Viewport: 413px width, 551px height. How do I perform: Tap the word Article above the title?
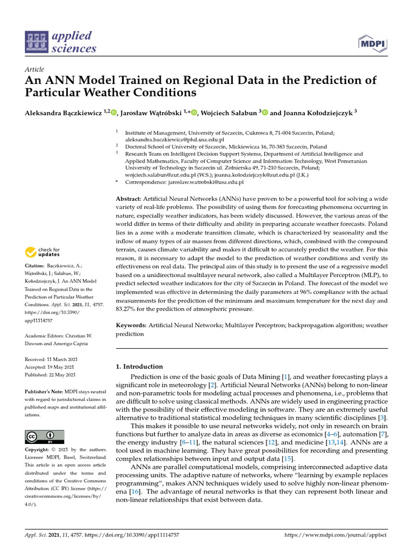coord(34,70)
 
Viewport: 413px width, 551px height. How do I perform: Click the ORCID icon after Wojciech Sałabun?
coord(265,112)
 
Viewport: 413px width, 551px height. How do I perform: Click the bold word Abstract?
coord(129,199)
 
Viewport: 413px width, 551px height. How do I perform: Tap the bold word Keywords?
coord(131,326)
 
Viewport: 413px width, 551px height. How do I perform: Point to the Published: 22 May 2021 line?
coord(50,375)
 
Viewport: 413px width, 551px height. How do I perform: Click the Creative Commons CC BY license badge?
coord(45,436)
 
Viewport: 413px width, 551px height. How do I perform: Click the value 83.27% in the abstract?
coord(127,309)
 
